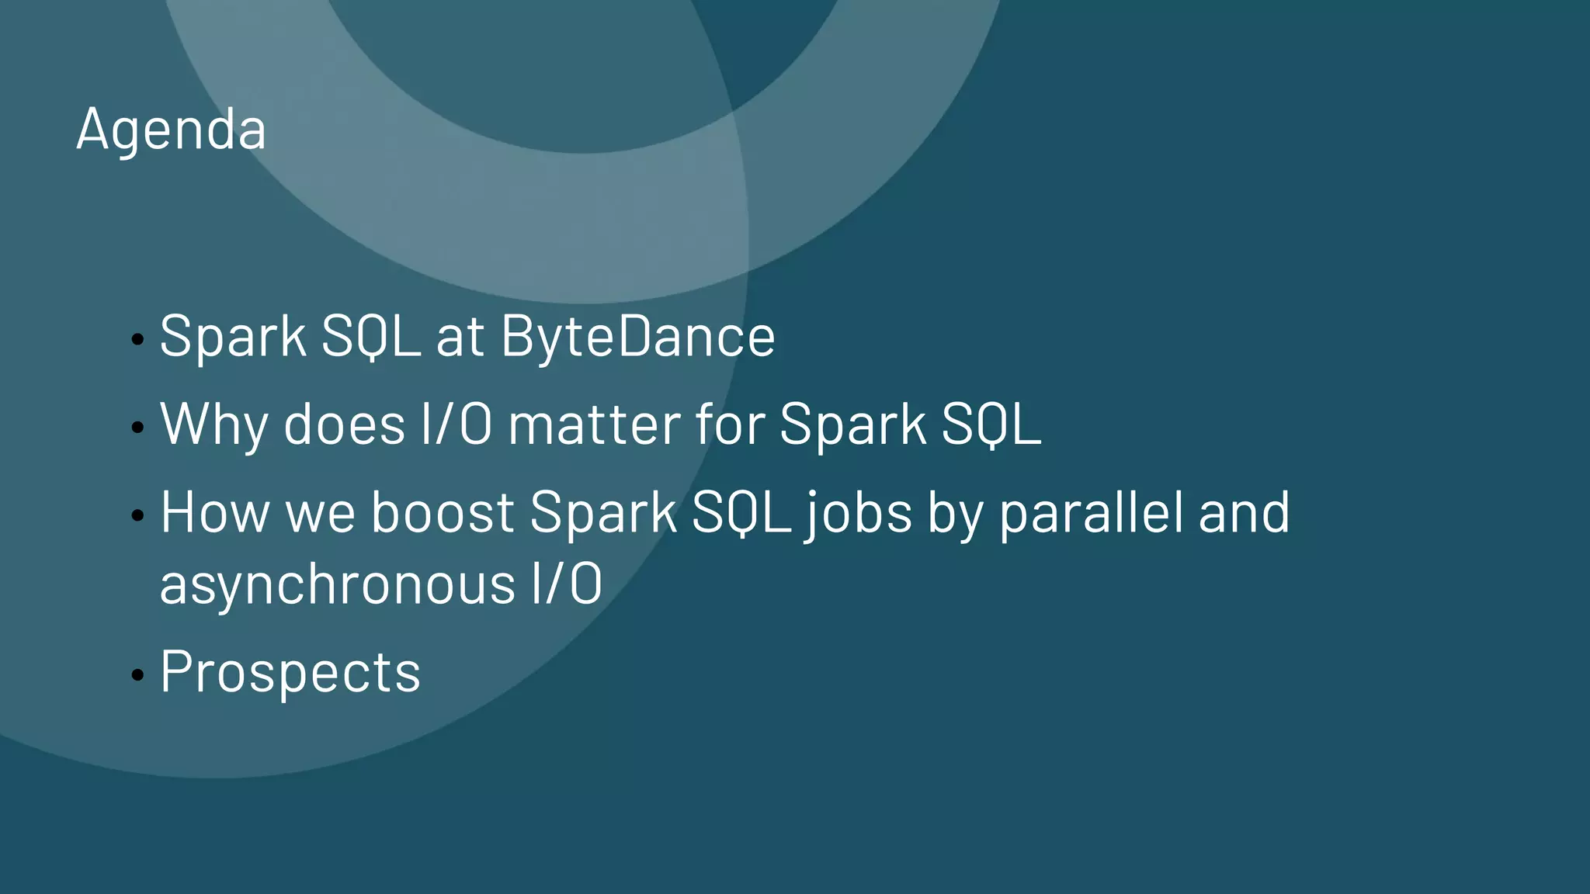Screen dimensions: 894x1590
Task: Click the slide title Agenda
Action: pyautogui.click(x=172, y=129)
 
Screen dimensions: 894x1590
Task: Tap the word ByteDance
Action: pyautogui.click(x=638, y=337)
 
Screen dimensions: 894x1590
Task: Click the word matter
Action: pyautogui.click(x=594, y=424)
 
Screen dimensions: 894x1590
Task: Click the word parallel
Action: pyautogui.click(x=1090, y=514)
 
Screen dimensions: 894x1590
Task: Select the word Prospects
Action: pyautogui.click(x=290, y=672)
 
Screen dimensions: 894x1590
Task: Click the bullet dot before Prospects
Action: pyautogui.click(x=138, y=674)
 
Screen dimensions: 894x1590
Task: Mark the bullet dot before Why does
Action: pyautogui.click(x=138, y=427)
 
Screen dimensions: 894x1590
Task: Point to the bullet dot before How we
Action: pyautogui.click(x=138, y=515)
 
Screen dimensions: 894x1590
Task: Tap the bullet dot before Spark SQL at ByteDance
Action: pyautogui.click(x=138, y=339)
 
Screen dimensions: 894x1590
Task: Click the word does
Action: pyautogui.click(x=345, y=424)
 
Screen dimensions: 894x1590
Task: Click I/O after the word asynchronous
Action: pyautogui.click(x=567, y=584)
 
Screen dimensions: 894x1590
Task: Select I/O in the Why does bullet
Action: pyautogui.click(x=456, y=424)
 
